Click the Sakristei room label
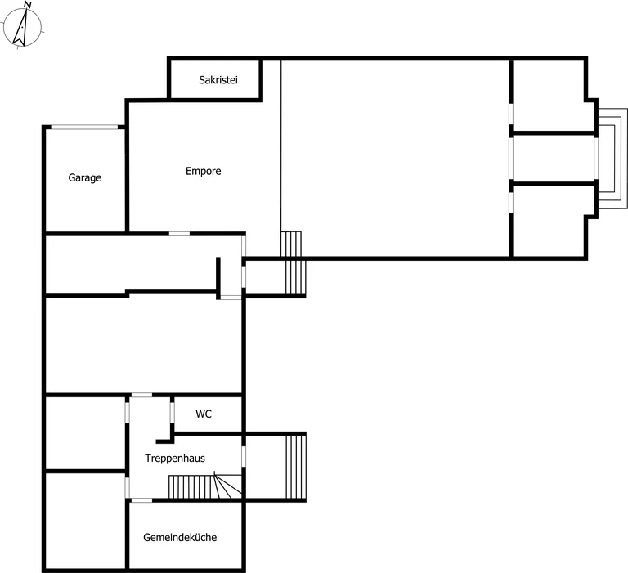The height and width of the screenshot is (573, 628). pos(218,80)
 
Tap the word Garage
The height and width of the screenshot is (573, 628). pos(84,178)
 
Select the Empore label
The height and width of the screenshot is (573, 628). pos(203,172)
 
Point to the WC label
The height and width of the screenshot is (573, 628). pos(204,414)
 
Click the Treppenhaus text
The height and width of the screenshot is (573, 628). pos(175,459)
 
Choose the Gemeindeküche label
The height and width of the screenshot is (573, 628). pos(180,537)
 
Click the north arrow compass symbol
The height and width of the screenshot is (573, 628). pos(22,26)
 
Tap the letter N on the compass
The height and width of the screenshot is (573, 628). pos(28,5)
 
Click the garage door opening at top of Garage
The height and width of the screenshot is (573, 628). pos(84,128)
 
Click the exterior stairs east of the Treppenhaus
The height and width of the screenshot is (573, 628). pos(296,467)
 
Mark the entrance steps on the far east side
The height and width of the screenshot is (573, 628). pos(612,159)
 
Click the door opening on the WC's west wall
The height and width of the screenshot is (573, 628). pos(173,413)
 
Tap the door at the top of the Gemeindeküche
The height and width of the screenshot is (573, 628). pos(141,500)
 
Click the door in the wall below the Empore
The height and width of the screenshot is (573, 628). pos(179,234)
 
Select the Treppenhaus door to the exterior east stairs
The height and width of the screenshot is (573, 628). pos(244,456)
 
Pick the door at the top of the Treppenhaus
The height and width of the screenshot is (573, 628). pos(141,395)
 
